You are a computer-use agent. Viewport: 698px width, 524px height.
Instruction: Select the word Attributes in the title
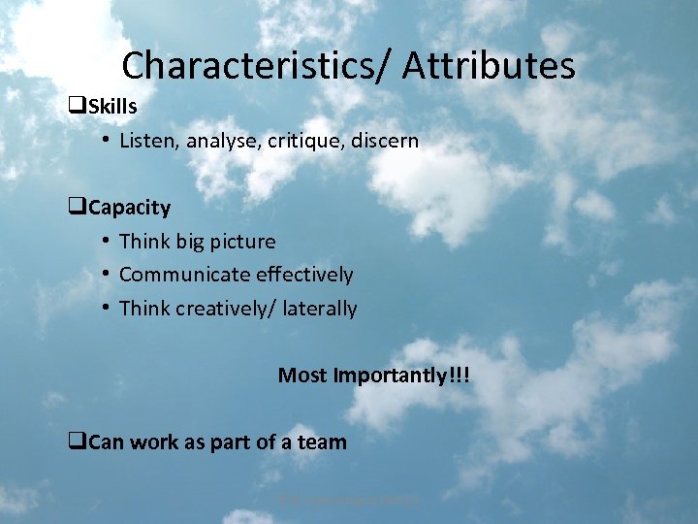pos(489,66)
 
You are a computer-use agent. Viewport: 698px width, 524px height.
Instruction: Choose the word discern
pos(385,141)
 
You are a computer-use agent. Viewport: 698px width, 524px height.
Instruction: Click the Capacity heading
pos(129,208)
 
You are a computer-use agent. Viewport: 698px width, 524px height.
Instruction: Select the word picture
pos(243,242)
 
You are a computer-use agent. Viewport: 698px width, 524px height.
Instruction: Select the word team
pos(322,442)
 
